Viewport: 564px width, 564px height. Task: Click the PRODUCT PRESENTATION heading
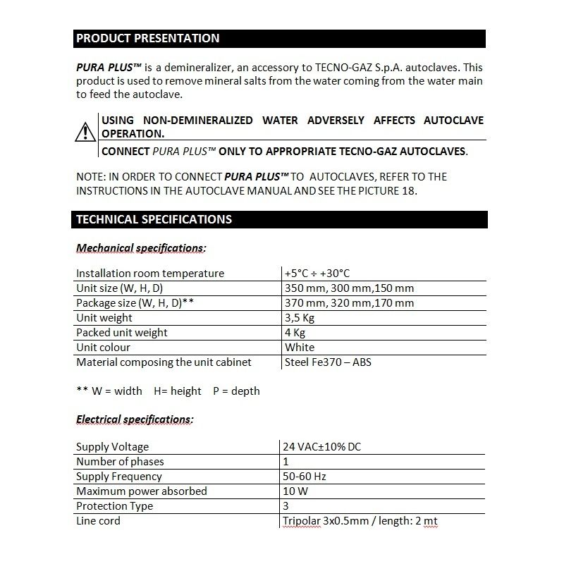(148, 39)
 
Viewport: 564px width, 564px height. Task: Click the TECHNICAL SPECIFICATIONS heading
(154, 219)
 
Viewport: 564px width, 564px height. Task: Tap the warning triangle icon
(85, 131)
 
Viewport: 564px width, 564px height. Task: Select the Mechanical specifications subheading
(141, 248)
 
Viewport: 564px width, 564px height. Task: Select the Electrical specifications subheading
(135, 419)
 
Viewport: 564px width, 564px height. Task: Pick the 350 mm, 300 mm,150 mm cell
(349, 288)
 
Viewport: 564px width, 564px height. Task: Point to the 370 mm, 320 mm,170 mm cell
(349, 303)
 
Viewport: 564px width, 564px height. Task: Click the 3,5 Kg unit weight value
(300, 318)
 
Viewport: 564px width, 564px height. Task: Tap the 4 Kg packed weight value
(295, 333)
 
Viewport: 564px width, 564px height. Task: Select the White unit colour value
(300, 348)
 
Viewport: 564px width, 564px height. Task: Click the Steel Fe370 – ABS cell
(328, 362)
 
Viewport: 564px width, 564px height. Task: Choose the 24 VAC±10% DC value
(323, 447)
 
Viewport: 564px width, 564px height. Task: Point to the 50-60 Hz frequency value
(305, 477)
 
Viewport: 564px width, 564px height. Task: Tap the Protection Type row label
(114, 506)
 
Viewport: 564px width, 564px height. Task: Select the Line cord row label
(98, 521)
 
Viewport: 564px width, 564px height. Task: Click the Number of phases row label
(120, 462)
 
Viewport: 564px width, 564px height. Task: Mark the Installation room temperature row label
(149, 274)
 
